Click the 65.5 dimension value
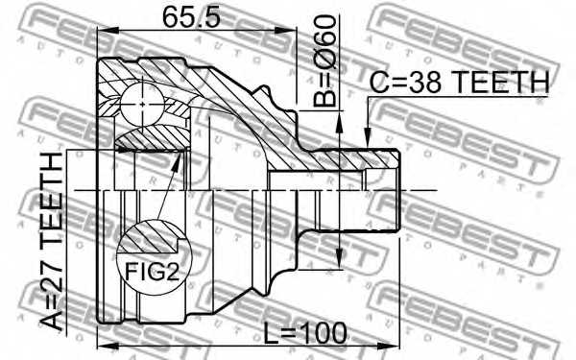(x=191, y=17)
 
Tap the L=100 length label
(x=305, y=333)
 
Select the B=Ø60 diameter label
(x=324, y=60)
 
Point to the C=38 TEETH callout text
(x=459, y=82)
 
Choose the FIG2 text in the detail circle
(x=152, y=273)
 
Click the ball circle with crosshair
(x=142, y=105)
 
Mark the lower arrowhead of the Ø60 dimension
(x=339, y=257)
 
